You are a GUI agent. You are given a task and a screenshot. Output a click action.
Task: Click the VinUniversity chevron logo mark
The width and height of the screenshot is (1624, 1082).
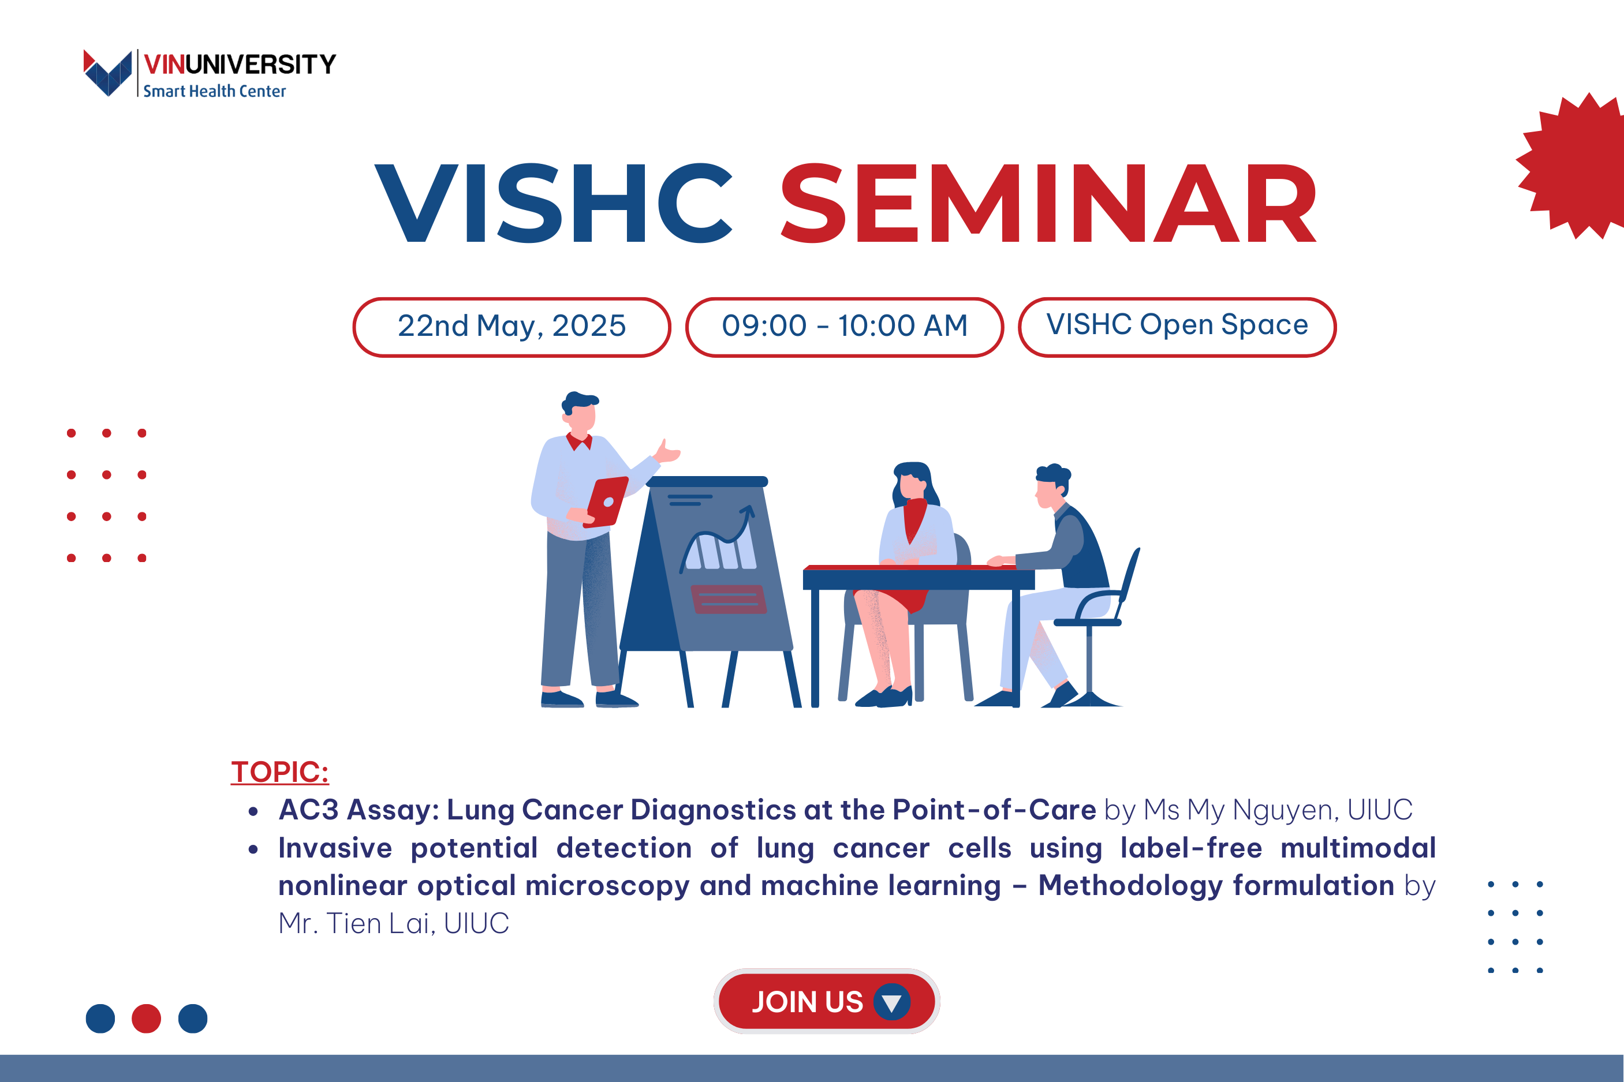pyautogui.click(x=107, y=73)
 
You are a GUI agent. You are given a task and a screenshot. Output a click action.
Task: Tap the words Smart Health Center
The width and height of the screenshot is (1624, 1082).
pyautogui.click(x=215, y=91)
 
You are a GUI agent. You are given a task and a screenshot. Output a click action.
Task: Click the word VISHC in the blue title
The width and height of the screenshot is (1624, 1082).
pyautogui.click(x=554, y=204)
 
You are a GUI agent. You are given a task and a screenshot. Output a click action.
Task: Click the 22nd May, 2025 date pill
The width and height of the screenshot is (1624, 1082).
pyautogui.click(x=512, y=327)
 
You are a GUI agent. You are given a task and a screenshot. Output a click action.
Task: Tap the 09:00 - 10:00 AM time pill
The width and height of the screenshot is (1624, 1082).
pyautogui.click(x=844, y=327)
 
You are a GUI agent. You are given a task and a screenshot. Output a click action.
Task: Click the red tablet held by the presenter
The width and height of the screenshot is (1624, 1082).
pyautogui.click(x=606, y=501)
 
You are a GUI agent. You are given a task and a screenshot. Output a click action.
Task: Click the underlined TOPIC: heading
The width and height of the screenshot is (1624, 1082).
pyautogui.click(x=279, y=772)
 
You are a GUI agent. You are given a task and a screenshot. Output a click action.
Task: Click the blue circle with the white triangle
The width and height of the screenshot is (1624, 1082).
pyautogui.click(x=892, y=1002)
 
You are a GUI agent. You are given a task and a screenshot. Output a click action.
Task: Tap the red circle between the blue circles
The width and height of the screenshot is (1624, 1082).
pyautogui.click(x=146, y=1019)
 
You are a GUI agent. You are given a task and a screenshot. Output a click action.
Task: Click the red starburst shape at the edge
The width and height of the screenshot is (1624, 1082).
pyautogui.click(x=1574, y=166)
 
